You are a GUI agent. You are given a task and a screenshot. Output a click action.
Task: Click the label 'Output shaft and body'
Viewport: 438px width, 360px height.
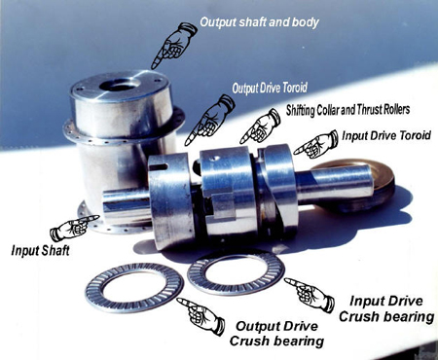259,22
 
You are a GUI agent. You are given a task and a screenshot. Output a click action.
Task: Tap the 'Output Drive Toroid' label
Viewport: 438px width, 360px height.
270,89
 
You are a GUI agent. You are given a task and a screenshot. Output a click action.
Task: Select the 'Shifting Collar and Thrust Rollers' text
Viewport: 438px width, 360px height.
347,110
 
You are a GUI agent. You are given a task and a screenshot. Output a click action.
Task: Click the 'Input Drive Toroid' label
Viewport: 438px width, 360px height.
386,135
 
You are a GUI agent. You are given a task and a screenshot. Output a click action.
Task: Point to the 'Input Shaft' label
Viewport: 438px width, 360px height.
40,251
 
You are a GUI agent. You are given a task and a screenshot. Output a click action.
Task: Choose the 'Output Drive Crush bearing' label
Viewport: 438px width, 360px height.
276,334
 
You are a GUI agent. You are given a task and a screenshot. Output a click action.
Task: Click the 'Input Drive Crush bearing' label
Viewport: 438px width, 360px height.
386,309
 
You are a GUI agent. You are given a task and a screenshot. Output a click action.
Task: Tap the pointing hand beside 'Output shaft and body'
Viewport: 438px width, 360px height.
173,46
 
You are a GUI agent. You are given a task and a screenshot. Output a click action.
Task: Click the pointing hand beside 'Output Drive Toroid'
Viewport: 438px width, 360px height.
209,120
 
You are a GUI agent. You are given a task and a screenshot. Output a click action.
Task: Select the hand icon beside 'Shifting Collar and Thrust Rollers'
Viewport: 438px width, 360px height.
260,126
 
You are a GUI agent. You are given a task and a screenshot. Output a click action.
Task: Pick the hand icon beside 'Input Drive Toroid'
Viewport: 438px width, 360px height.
315,144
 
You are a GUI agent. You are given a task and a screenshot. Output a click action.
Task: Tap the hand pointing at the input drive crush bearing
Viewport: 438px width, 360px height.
310,295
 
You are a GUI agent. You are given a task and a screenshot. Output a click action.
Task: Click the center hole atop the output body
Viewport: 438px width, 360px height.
120,85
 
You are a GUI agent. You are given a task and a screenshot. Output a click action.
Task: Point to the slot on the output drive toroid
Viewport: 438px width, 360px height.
159,167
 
